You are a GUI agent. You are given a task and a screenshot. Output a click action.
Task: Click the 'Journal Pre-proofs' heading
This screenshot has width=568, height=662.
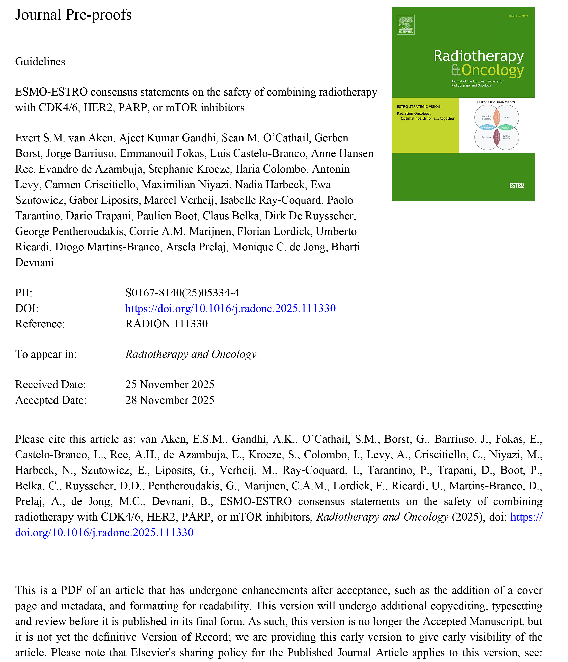73,15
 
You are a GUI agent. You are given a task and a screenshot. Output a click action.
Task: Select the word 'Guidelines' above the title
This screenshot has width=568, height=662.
40,62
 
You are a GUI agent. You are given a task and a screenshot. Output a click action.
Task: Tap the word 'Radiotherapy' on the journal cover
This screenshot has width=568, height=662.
478,56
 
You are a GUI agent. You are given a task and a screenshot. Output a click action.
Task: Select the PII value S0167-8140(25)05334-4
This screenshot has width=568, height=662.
182,293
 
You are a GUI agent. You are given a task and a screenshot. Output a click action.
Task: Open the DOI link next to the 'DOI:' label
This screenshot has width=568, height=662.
230,308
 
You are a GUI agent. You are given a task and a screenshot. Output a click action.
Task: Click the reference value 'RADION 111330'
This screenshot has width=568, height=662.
167,324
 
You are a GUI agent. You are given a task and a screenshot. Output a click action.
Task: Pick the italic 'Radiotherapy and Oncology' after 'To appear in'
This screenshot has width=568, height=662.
191,354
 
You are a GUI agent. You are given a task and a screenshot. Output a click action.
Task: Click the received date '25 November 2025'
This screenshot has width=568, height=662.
170,384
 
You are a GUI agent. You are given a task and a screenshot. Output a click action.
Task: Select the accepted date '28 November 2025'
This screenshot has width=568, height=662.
170,400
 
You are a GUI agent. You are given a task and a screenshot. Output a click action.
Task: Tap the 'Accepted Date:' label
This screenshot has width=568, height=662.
51,400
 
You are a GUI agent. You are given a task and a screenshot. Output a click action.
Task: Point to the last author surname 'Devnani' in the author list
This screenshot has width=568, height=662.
35,263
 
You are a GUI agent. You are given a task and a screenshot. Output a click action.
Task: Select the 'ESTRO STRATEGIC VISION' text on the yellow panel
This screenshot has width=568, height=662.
418,107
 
